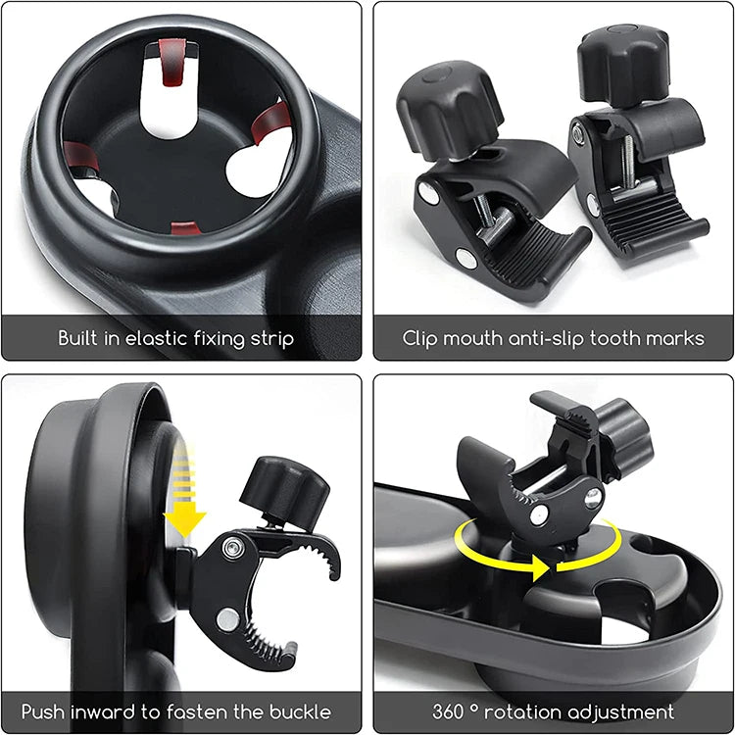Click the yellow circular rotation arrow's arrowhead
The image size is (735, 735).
click(x=542, y=565)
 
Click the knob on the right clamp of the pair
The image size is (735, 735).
click(x=624, y=63)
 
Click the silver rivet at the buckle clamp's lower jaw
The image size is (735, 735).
click(x=227, y=619)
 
